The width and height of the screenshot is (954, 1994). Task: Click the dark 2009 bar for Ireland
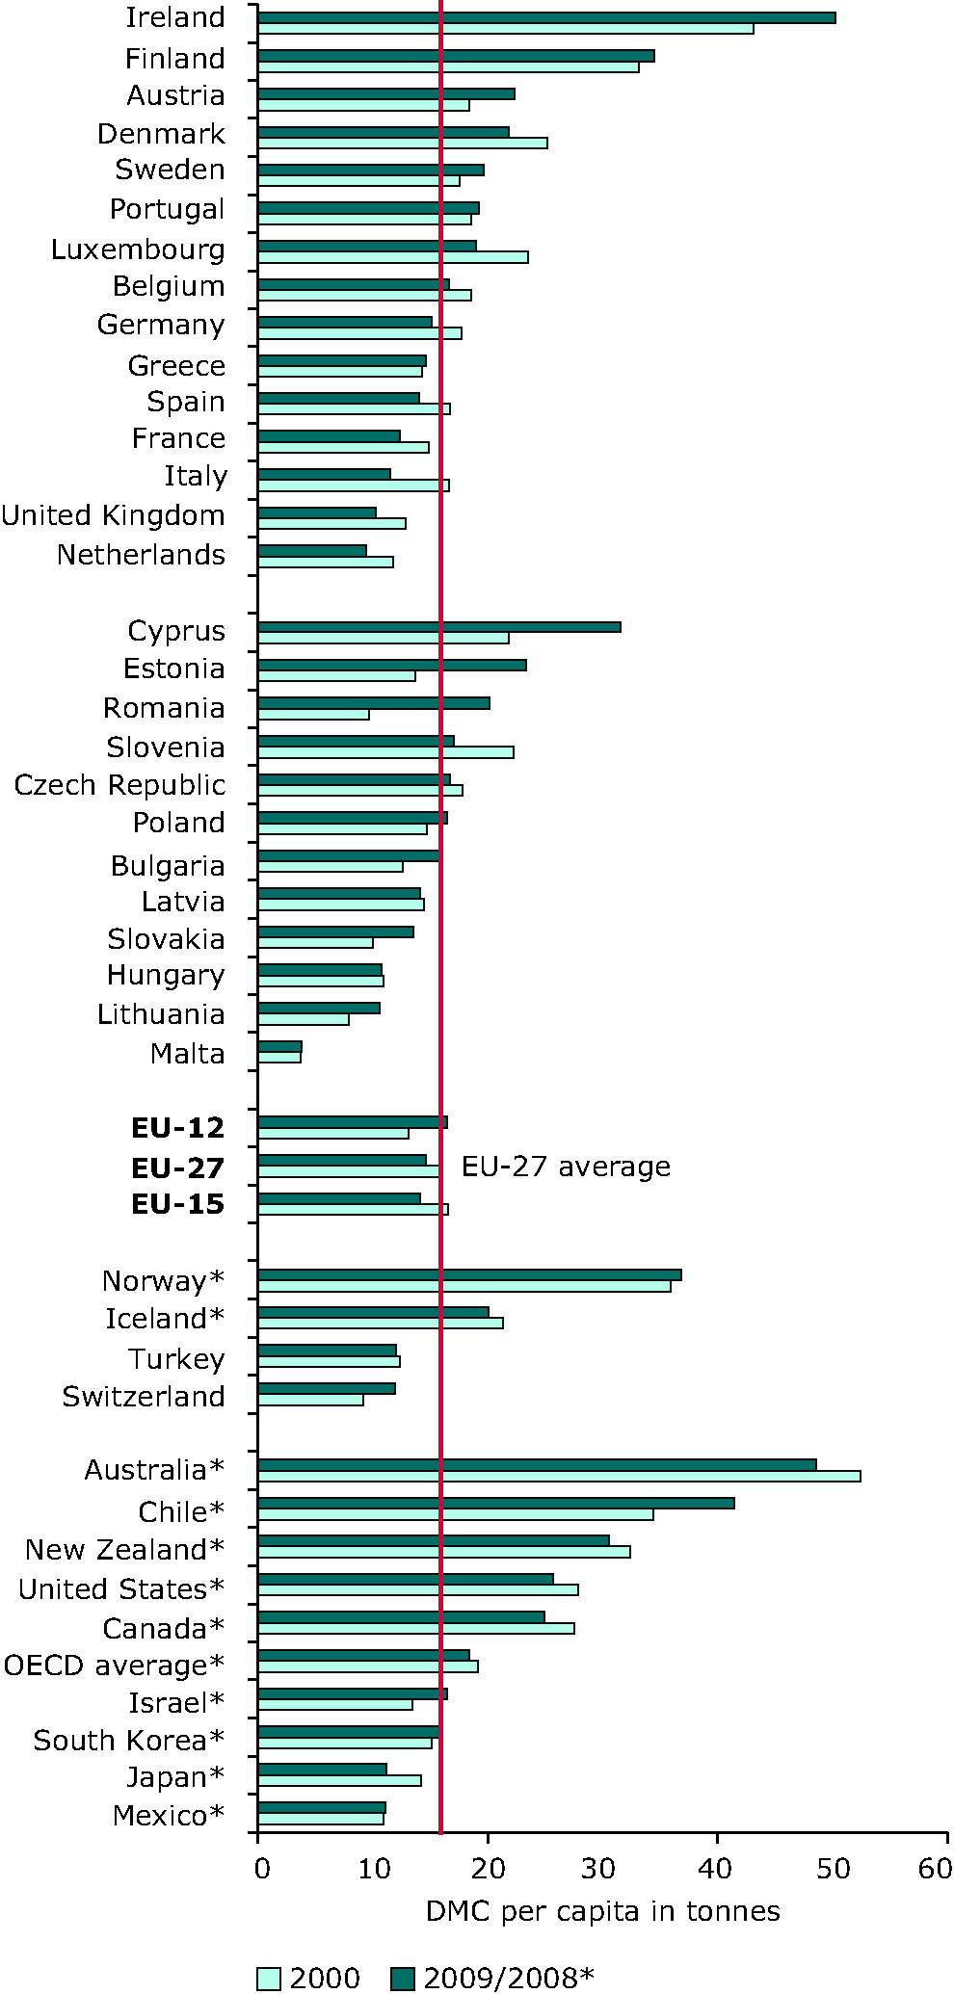click(546, 17)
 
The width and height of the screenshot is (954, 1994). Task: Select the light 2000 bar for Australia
click(559, 1476)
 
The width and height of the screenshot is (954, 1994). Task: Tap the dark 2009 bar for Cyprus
click(439, 627)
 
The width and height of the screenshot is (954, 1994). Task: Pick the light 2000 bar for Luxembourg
click(393, 257)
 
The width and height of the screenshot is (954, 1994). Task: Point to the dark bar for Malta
click(280, 1046)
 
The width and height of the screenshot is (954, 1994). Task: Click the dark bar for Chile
click(496, 1503)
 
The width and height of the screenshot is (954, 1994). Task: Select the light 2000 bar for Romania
click(314, 715)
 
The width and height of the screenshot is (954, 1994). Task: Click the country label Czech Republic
click(119, 785)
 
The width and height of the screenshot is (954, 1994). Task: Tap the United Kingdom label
click(114, 515)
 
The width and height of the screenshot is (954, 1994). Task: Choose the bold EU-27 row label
click(177, 1168)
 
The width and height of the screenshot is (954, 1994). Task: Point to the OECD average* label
click(114, 1666)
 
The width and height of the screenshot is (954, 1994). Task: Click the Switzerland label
click(144, 1397)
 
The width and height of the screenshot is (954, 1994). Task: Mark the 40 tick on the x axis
click(716, 1868)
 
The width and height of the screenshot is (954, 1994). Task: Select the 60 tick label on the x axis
click(936, 1868)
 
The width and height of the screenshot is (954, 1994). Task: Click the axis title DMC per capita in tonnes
click(602, 1911)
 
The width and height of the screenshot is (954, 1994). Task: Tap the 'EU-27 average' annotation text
click(566, 1167)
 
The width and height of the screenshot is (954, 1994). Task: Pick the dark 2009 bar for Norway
click(469, 1274)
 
